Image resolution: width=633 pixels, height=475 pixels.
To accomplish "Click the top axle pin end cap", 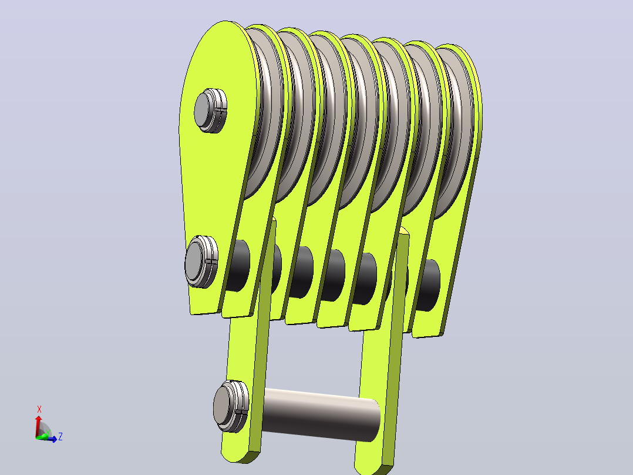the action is point(210,111).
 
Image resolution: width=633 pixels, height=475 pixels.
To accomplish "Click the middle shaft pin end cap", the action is point(201,262).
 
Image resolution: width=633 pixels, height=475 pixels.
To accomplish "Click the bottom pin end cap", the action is point(231,406).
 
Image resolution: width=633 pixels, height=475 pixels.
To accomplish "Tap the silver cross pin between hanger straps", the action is point(321,415).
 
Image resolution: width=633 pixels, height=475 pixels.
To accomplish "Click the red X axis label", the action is point(39,409).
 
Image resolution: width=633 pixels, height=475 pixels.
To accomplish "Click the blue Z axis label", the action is point(60,437).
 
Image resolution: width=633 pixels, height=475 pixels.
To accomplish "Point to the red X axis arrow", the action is point(38,426).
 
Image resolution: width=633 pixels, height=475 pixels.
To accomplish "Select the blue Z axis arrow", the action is point(47,439).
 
